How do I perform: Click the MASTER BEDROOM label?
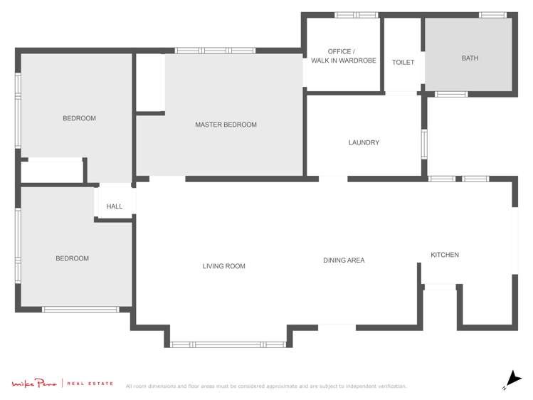coord(226,125)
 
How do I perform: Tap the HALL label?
coord(115,206)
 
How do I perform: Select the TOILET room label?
coord(403,63)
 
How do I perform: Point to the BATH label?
coord(470,58)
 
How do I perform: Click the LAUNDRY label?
coord(364,142)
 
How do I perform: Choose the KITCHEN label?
coord(445,255)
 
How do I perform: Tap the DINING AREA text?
coord(344,260)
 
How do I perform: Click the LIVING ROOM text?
coord(223,266)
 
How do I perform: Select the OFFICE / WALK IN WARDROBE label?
coord(343,56)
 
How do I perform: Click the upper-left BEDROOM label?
coord(79,118)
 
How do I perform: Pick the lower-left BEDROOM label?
coord(73,258)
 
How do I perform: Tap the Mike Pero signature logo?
coord(33,384)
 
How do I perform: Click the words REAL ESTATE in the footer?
coord(90,384)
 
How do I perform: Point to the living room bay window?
coord(228,344)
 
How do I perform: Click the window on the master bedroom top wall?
coord(215,51)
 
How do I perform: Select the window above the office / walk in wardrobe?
coord(356,15)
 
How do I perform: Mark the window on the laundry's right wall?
coord(423,143)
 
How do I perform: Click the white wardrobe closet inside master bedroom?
coord(149,83)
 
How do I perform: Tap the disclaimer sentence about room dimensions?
coord(266,386)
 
